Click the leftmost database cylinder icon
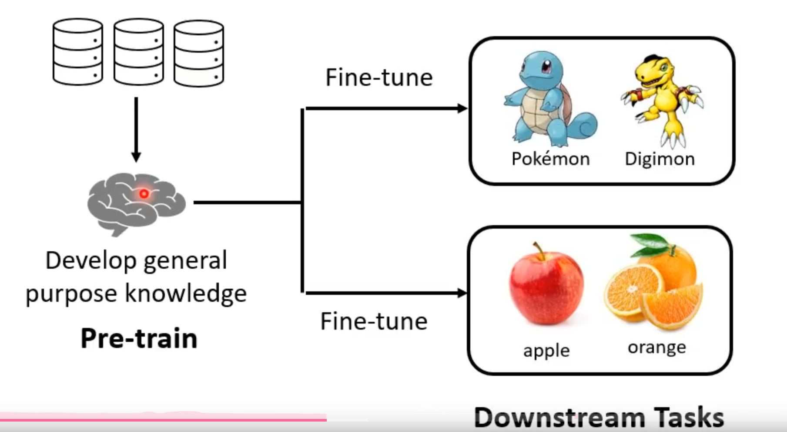[x=78, y=52]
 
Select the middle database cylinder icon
[x=139, y=52]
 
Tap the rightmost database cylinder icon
[x=199, y=53]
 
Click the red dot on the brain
[x=144, y=194]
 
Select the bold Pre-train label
[x=139, y=338]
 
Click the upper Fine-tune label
[x=379, y=78]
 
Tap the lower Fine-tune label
[x=374, y=321]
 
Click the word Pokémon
[x=550, y=159]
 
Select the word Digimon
[x=660, y=159]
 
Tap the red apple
[x=546, y=287]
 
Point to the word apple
[x=546, y=351]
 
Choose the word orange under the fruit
[x=656, y=348]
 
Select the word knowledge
[x=186, y=294]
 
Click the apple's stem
[x=539, y=250]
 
